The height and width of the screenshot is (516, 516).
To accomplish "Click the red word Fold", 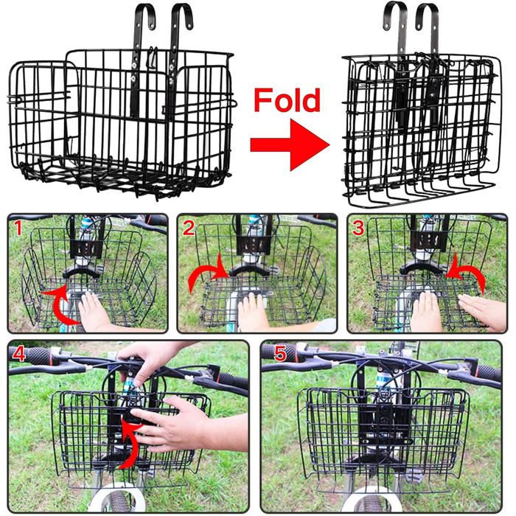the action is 287,100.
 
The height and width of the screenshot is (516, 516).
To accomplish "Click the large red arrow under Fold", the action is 290,144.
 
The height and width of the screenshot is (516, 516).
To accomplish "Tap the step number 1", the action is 18,228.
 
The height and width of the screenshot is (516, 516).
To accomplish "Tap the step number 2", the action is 189,228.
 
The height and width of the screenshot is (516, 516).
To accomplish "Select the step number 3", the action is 358,228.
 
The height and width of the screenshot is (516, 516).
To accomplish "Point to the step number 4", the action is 19,353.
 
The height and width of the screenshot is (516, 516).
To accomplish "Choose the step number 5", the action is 280,353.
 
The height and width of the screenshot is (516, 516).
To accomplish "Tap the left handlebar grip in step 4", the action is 36,355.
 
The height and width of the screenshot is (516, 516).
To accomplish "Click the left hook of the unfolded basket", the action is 144,17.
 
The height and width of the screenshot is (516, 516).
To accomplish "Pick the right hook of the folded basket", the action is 428,15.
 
